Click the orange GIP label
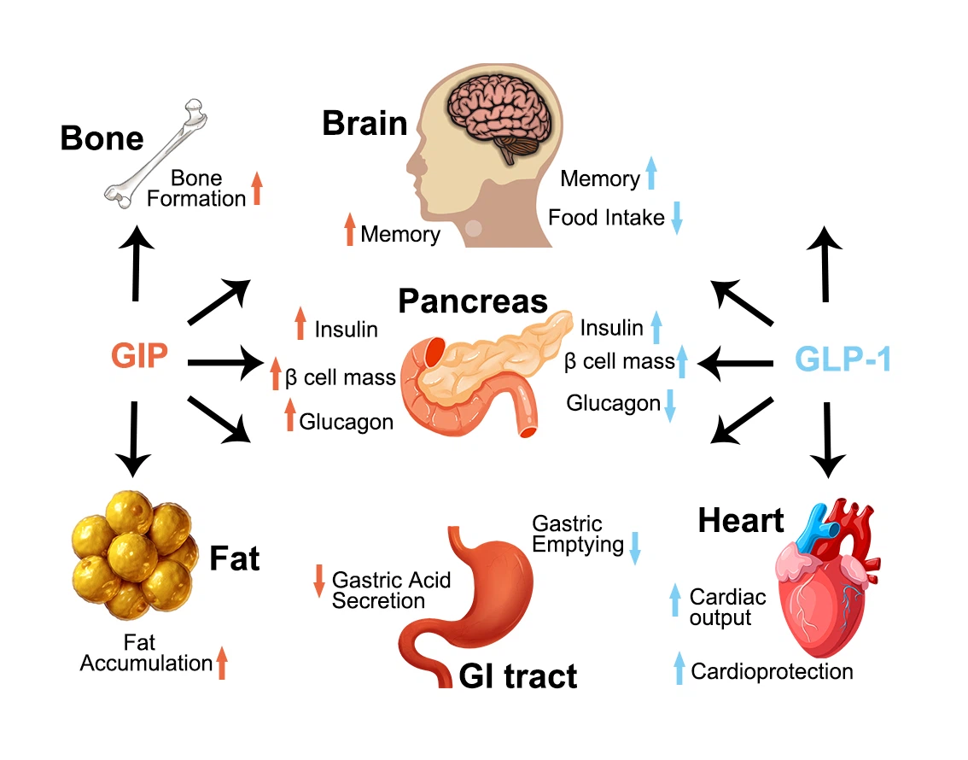tap(139, 356)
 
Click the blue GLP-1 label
tap(843, 360)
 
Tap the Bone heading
tap(102, 138)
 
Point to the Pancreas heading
tap(473, 301)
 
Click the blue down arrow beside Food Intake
tap(677, 218)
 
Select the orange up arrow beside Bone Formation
tap(256, 189)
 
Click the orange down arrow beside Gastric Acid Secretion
tap(318, 581)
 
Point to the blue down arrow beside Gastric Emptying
tap(635, 547)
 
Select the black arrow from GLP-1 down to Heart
tap(827, 440)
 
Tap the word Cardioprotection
tap(772, 671)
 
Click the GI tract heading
tap(518, 676)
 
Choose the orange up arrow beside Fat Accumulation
tap(222, 663)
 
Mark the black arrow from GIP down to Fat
tap(134, 438)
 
